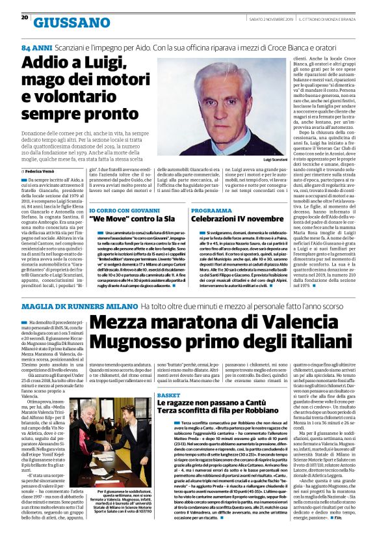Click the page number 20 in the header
(25, 18)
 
